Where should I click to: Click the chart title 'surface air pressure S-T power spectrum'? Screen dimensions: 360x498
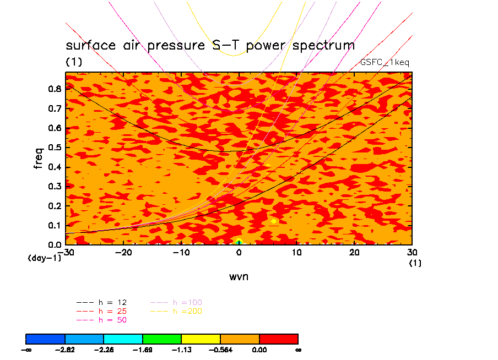click(210, 45)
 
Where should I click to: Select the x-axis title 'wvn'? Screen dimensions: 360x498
click(239, 276)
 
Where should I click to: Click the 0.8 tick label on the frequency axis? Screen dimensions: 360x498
click(53, 89)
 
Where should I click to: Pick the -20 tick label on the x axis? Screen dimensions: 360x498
click(123, 252)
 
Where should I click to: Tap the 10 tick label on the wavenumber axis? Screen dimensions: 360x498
click(297, 252)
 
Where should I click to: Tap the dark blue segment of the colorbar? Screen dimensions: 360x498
click(46, 339)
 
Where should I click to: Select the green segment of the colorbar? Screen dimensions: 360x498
click(162, 339)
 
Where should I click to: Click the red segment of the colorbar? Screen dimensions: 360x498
click(278, 339)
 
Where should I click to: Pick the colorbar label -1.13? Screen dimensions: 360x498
click(182, 349)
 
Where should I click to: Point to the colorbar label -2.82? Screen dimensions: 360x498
click(66, 349)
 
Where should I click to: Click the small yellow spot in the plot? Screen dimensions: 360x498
click(274, 221)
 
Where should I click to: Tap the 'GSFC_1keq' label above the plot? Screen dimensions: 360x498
click(385, 62)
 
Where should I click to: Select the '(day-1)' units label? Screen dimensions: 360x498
click(45, 258)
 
